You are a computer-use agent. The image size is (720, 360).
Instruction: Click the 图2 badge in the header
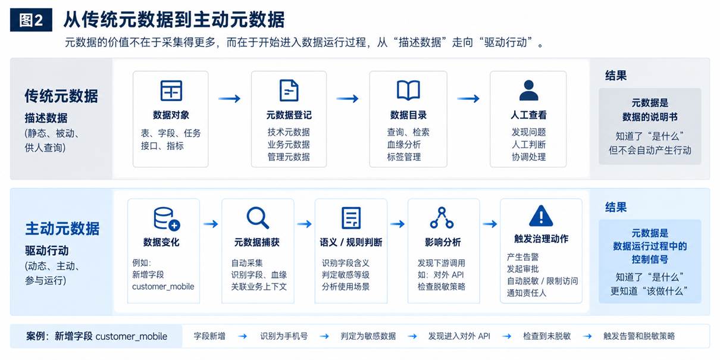[31, 20]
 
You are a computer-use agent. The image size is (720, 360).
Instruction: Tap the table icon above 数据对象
[171, 90]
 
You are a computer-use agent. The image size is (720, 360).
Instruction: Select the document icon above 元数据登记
[289, 90]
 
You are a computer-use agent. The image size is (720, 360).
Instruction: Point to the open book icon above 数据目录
[408, 90]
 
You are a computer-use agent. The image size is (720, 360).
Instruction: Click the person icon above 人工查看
[528, 90]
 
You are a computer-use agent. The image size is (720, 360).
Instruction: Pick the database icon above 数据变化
[167, 218]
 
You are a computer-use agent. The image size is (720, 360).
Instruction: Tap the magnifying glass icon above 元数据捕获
[258, 218]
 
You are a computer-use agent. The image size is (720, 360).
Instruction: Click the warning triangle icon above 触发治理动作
[541, 215]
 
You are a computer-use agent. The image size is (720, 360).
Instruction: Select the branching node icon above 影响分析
[442, 218]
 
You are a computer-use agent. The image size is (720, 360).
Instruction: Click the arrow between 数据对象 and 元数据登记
[229, 98]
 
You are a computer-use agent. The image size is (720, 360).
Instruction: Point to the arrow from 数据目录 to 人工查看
[468, 98]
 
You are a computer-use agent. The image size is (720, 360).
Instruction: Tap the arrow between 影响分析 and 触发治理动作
[490, 224]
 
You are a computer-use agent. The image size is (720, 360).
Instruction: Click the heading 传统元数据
[61, 96]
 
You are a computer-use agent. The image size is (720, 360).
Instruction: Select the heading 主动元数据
[62, 228]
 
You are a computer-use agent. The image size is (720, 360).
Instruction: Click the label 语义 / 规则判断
[350, 242]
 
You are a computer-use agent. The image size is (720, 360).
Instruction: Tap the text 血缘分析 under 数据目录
[403, 145]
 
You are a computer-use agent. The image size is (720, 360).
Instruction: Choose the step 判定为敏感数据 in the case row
[368, 336]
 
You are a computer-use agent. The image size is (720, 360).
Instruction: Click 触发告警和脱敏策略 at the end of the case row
[639, 336]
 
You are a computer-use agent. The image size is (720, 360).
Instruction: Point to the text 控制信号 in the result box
[650, 259]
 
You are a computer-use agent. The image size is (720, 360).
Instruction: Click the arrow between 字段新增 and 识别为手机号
[243, 336]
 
